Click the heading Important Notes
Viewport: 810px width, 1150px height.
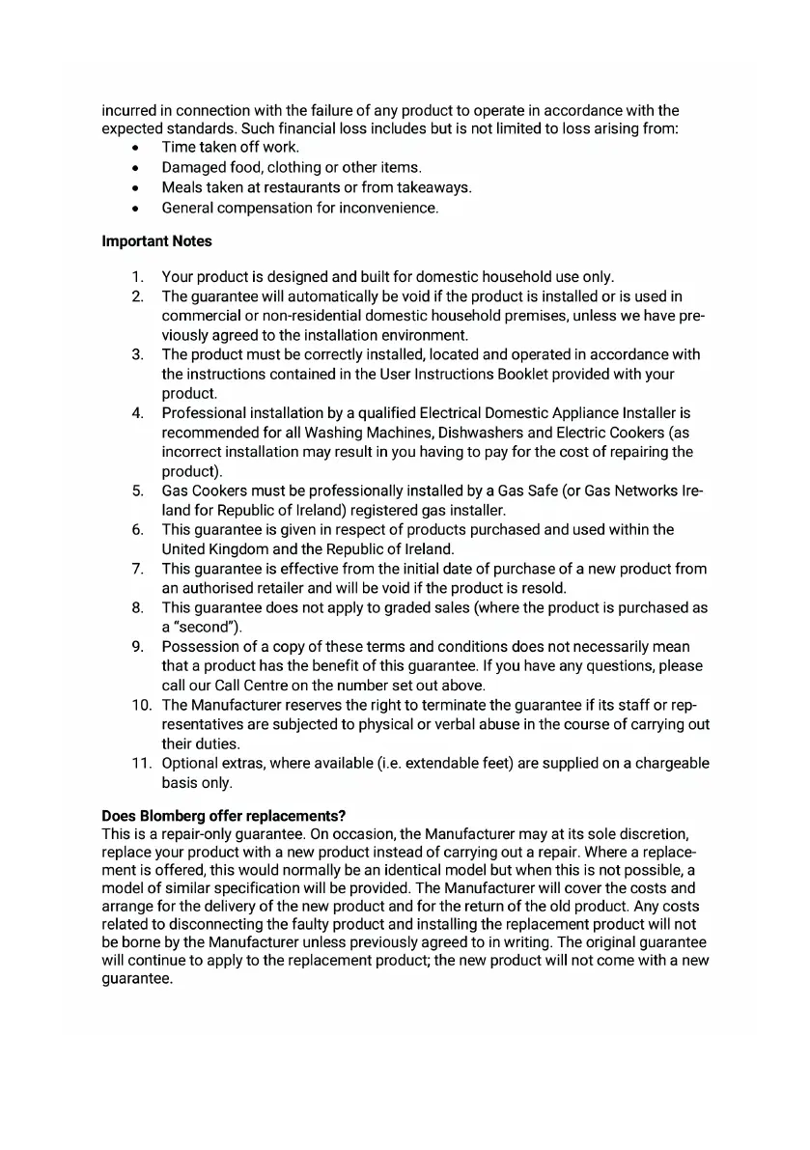[156, 241]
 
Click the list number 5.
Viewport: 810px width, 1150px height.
[138, 491]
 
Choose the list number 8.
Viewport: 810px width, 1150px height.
[138, 607]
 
